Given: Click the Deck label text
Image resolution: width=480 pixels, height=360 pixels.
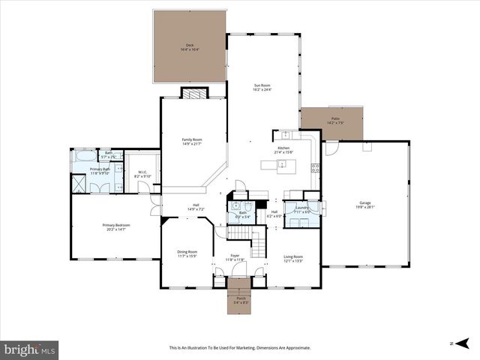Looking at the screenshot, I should (x=190, y=47).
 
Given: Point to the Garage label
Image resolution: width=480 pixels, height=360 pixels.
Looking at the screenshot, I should (x=365, y=204).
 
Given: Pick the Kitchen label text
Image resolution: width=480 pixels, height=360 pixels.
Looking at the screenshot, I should (x=283, y=149).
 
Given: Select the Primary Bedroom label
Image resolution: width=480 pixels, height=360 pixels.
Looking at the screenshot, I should (x=116, y=227).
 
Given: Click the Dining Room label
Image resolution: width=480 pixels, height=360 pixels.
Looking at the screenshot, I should (x=187, y=253).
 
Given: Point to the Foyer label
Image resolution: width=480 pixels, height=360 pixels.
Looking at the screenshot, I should (x=235, y=257).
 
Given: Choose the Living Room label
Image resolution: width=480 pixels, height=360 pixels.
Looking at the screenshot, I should (x=292, y=259).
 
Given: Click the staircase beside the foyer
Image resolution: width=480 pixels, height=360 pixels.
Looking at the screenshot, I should (x=257, y=242).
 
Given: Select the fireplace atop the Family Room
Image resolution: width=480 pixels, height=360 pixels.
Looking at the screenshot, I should (x=193, y=94).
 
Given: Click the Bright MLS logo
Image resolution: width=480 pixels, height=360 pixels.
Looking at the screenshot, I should (x=30, y=349).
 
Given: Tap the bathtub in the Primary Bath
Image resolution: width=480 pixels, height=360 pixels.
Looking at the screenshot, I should (x=85, y=157).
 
